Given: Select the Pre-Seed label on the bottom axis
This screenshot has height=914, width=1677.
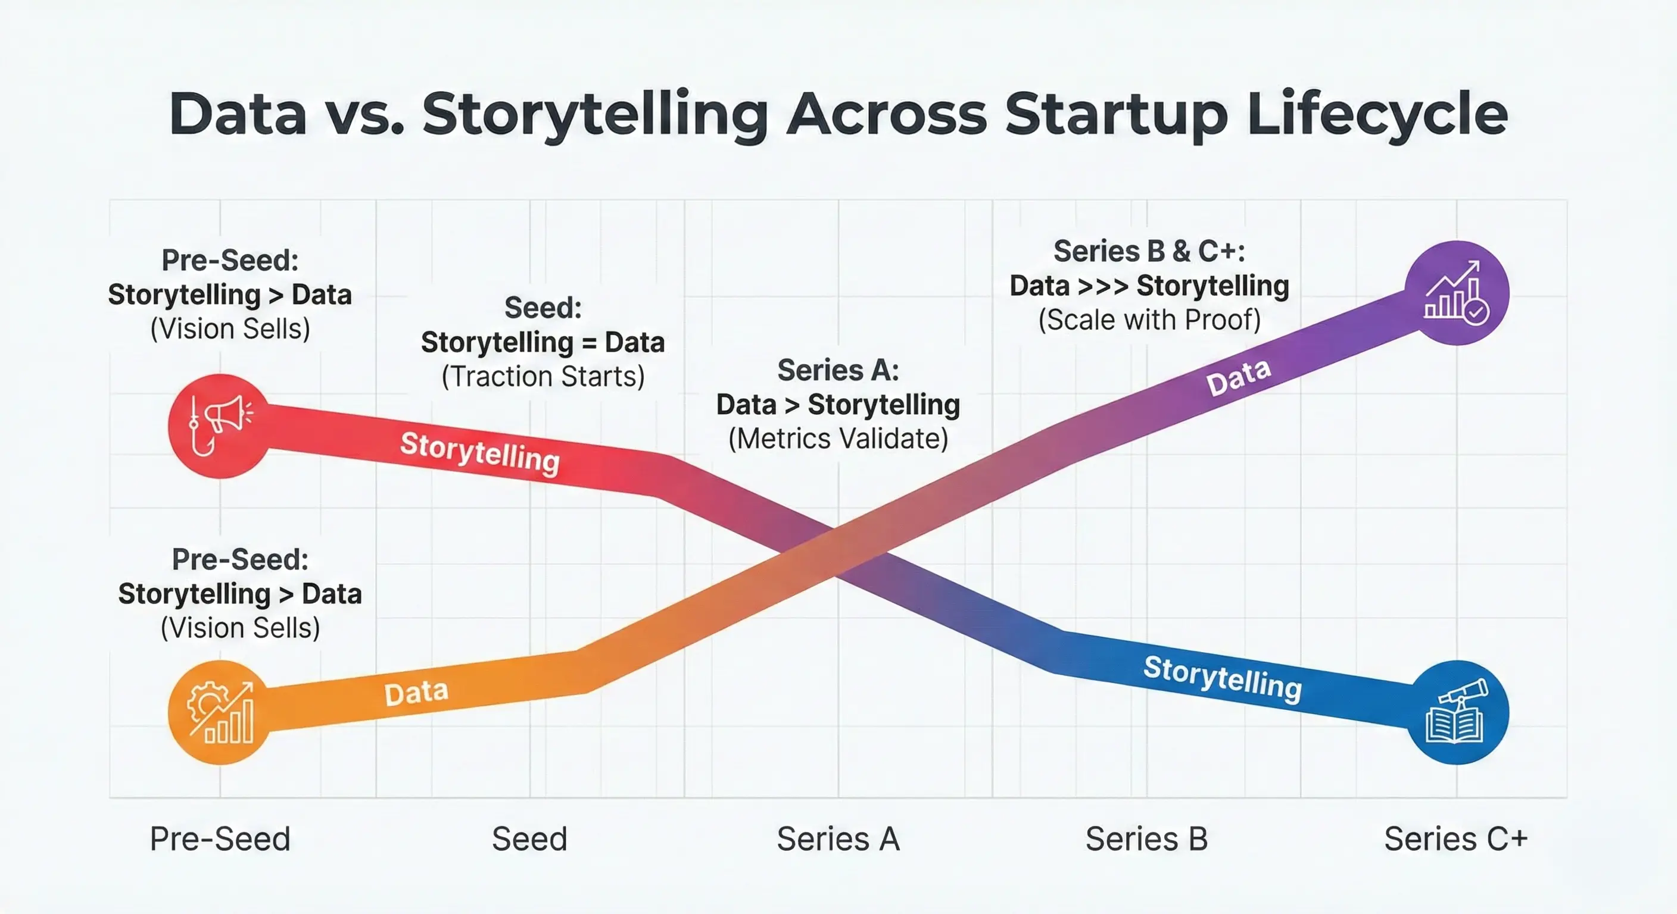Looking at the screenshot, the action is [220, 838].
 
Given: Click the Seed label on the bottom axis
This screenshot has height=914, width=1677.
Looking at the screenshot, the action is [529, 838].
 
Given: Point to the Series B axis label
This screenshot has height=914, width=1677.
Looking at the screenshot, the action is [1146, 838].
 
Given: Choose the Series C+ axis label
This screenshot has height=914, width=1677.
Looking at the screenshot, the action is [1455, 838].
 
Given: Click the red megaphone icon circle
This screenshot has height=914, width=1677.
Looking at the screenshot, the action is [219, 426].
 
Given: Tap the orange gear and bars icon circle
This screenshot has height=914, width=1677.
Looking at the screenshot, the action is [219, 712].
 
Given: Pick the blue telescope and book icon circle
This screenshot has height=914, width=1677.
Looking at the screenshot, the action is [1457, 712].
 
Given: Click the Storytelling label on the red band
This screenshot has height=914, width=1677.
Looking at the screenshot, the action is [480, 453].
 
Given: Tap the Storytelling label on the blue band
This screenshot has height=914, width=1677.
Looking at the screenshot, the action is [1223, 678].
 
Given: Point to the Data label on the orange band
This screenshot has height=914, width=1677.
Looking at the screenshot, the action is [416, 693].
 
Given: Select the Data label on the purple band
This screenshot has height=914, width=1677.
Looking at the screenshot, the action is [1238, 377].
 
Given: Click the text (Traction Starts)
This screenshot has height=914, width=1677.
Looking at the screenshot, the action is [543, 377].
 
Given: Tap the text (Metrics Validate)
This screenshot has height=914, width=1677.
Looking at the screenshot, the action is [838, 439].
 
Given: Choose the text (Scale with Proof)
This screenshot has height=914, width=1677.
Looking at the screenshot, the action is [1149, 320].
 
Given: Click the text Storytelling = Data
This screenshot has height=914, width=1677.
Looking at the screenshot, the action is [543, 342].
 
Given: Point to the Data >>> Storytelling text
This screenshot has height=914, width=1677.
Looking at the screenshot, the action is [1149, 286].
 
